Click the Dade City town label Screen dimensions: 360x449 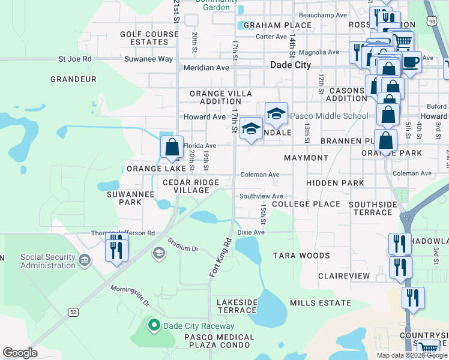(291, 65)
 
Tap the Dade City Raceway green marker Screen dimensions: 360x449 (154, 326)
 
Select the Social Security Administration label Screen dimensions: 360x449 (48, 261)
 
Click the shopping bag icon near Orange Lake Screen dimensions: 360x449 (172, 147)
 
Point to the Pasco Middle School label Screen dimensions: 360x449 (330, 116)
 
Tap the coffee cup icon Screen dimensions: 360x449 (411, 62)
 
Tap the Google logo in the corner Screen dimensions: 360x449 (20, 352)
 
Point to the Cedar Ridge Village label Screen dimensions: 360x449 (186, 186)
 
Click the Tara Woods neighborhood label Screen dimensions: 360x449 (301, 256)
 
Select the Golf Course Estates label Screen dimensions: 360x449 (149, 38)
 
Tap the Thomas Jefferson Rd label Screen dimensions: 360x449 (122, 233)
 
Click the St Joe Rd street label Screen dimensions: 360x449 (74, 59)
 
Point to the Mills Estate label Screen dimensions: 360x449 (320, 303)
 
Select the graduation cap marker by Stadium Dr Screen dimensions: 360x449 (158, 251)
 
